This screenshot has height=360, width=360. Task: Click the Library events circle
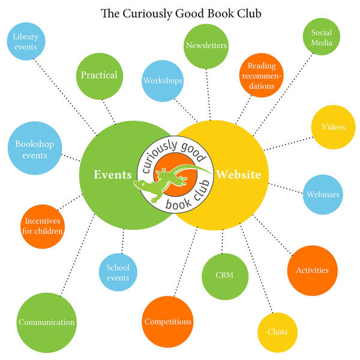pyautogui.click(x=25, y=42)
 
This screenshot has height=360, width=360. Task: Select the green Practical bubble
pyautogui.click(x=99, y=76)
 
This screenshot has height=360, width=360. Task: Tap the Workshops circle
pyautogui.click(x=163, y=80)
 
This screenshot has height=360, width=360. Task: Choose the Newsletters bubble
pyautogui.click(x=206, y=46)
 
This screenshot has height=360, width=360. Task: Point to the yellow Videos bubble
pyautogui.click(x=333, y=127)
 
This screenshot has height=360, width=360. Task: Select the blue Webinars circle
pyautogui.click(x=323, y=194)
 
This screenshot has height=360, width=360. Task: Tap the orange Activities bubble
pyautogui.click(x=312, y=270)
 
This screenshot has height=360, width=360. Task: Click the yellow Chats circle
pyautogui.click(x=277, y=332)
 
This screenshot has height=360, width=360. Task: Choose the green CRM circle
pyautogui.click(x=224, y=275)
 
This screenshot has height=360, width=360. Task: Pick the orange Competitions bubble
pyautogui.click(x=167, y=322)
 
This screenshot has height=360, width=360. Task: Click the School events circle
pyautogui.click(x=118, y=273)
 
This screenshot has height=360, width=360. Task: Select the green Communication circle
pyautogui.click(x=46, y=322)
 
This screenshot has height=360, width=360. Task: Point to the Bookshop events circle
pyautogui.click(x=35, y=150)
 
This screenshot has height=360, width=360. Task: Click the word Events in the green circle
pyautogui.click(x=112, y=175)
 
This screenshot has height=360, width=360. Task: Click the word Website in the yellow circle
pyautogui.click(x=238, y=175)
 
